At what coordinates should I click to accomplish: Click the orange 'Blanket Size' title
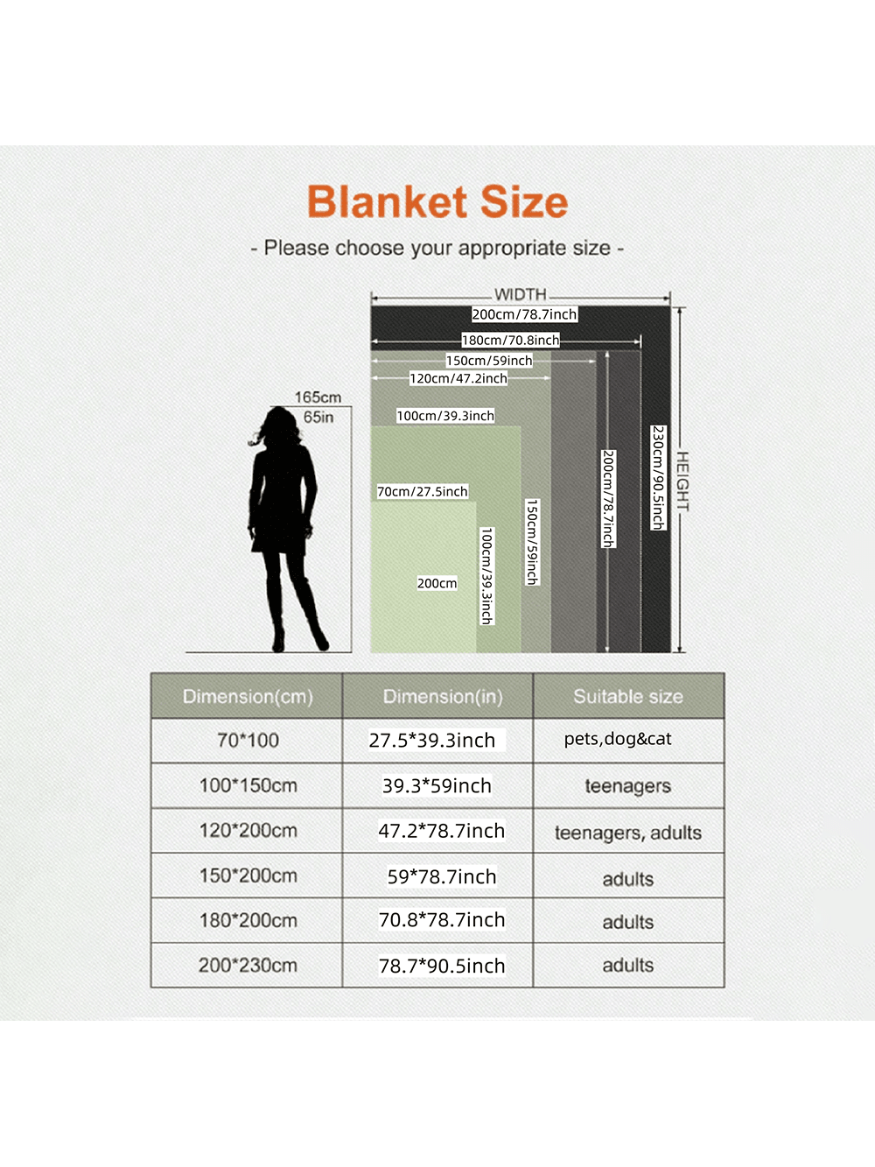click(x=437, y=202)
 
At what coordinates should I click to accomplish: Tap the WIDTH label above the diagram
click(x=520, y=294)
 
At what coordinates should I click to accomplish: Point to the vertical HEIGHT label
click(x=682, y=482)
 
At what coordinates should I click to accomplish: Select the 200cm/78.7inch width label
click(x=524, y=314)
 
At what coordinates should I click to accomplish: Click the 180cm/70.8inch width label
click(x=510, y=340)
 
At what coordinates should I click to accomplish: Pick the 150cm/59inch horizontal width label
click(x=489, y=361)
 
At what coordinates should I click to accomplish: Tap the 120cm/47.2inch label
click(x=458, y=378)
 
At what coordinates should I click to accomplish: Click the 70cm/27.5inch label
click(x=423, y=491)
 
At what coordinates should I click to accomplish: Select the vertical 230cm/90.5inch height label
click(x=658, y=477)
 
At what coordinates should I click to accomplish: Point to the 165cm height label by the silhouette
click(x=318, y=397)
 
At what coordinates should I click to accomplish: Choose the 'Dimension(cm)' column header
click(x=248, y=697)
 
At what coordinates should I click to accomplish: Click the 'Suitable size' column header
click(x=628, y=697)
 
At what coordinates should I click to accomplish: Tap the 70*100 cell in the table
click(x=248, y=740)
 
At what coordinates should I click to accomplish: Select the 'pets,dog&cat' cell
click(x=618, y=739)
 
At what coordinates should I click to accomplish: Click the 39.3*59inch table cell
click(x=437, y=786)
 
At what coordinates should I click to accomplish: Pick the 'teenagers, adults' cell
click(x=628, y=833)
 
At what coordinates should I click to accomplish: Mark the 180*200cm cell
click(x=248, y=920)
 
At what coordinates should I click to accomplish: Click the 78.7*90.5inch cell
click(x=442, y=966)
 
